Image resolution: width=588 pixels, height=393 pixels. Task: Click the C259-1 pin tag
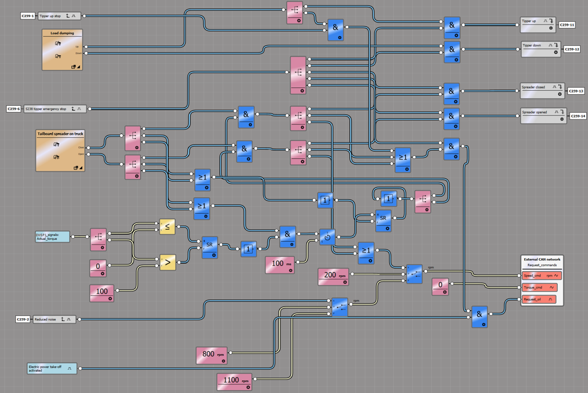(28, 16)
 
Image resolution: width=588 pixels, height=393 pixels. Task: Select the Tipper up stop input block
(59, 16)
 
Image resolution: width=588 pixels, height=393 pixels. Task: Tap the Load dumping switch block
(62, 50)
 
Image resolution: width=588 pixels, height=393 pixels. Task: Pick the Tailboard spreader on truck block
(60, 150)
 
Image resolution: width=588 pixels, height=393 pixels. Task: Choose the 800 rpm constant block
(211, 355)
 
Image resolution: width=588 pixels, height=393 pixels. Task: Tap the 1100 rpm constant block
(234, 381)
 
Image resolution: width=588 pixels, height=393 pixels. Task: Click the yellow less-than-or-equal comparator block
(167, 227)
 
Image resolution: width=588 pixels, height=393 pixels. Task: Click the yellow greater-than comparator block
(167, 262)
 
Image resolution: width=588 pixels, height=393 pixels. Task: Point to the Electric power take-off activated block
(52, 368)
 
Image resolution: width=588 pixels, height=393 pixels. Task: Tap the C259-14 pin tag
(578, 116)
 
